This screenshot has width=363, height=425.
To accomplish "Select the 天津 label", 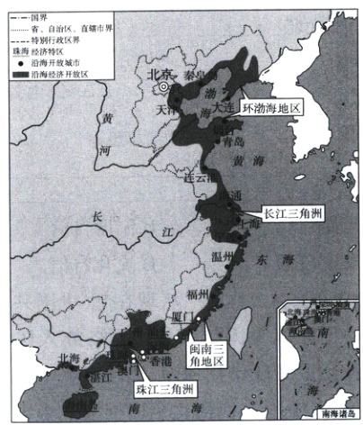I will tap(164, 109).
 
